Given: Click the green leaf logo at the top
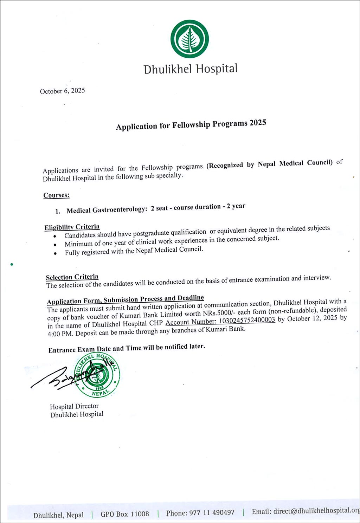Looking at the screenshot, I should (x=189, y=39).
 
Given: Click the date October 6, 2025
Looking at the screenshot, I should (x=62, y=91).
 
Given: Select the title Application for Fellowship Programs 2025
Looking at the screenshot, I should (x=191, y=125).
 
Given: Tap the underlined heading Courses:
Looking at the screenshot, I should (x=56, y=195).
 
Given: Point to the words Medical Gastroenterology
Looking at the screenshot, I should (x=106, y=210).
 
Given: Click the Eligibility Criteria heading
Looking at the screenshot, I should (x=72, y=227).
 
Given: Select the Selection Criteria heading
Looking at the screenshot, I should (x=72, y=277).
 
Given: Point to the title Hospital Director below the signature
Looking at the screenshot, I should (x=74, y=406).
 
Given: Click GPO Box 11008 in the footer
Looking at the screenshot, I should (x=125, y=514).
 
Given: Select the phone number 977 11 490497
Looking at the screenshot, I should (x=212, y=513).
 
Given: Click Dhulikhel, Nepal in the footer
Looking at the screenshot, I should (x=58, y=515).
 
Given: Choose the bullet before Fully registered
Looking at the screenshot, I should (x=56, y=253).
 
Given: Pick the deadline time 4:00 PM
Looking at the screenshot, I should (x=60, y=334).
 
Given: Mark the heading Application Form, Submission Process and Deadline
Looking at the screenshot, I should (x=125, y=299).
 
